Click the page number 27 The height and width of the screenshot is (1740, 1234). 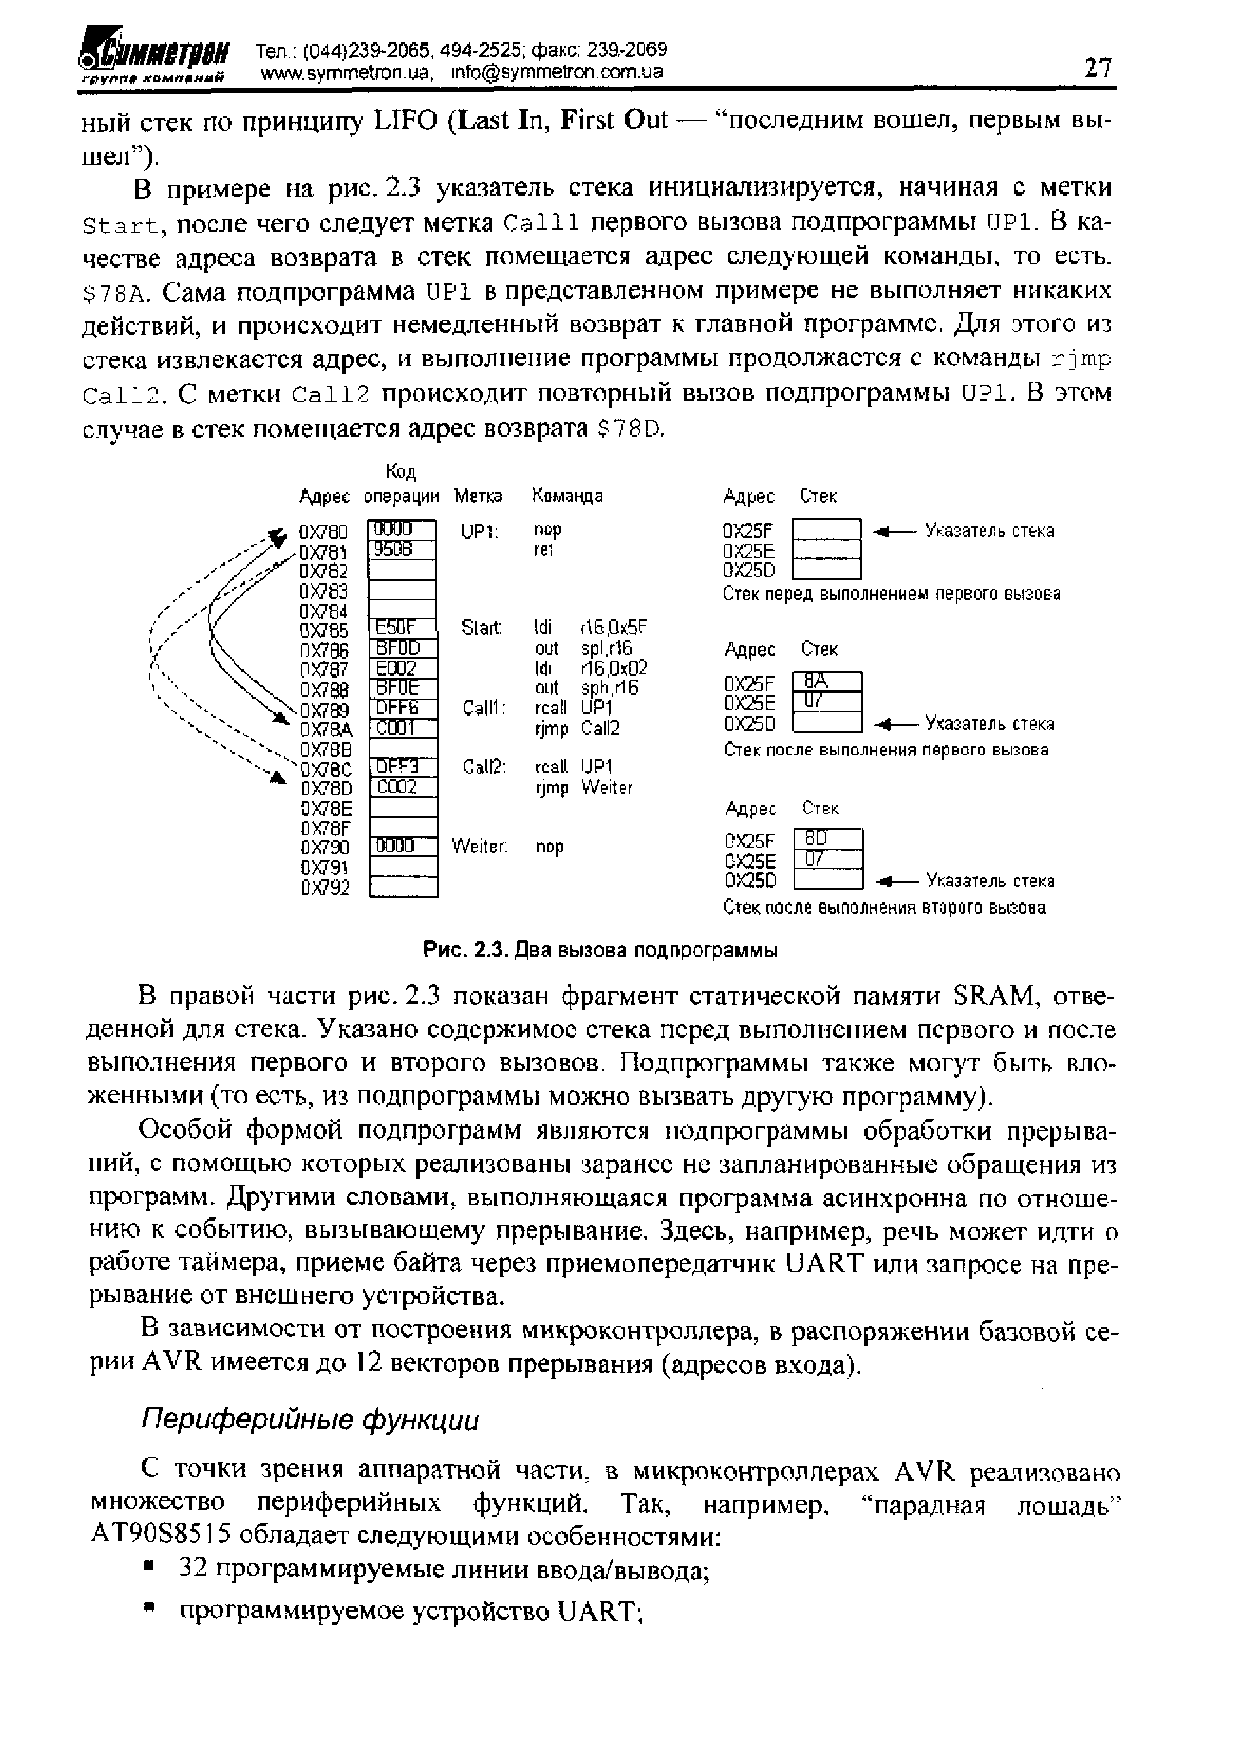[x=1097, y=68]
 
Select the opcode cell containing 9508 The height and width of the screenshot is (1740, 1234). [x=401, y=549]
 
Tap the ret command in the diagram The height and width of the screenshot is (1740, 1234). [x=544, y=549]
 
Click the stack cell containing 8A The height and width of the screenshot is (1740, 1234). [x=826, y=681]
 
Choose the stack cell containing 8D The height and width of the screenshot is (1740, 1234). [x=828, y=839]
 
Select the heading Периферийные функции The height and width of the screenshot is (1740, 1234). [x=311, y=1419]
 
